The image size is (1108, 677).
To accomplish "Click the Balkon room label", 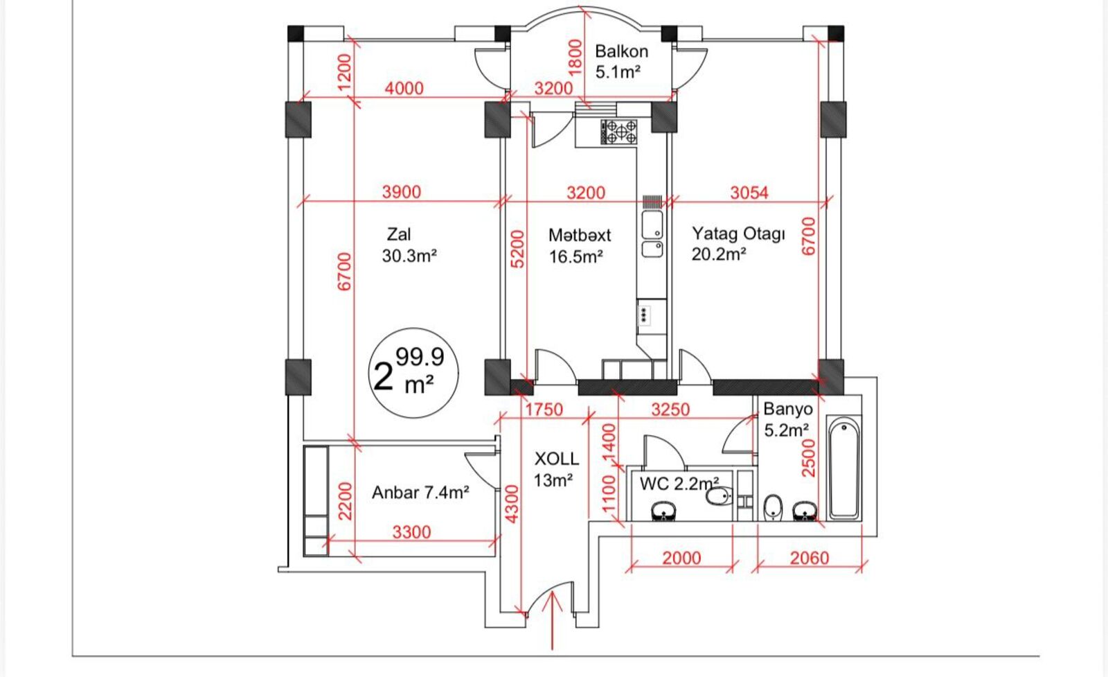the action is [621, 51].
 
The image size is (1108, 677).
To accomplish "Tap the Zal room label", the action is [399, 234].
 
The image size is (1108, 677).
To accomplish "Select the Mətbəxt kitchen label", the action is [580, 235].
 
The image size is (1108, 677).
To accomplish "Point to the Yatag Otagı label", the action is [738, 234].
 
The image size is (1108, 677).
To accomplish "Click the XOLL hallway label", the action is [557, 459].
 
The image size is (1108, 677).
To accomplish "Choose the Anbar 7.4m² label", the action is [420, 493].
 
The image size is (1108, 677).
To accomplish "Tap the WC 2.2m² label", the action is [679, 484].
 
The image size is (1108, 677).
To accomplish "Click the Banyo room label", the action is [788, 409].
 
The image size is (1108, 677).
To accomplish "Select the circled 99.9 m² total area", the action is [413, 373].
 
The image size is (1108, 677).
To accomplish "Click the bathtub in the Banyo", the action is [844, 467].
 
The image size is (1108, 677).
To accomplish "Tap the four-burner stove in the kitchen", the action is [619, 132].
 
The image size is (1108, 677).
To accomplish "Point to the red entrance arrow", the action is [553, 621].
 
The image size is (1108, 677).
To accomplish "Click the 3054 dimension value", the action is [749, 193].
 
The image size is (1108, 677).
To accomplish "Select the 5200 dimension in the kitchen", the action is [517, 249].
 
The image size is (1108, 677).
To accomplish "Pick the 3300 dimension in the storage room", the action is [411, 532].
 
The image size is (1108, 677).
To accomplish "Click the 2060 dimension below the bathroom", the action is [810, 559].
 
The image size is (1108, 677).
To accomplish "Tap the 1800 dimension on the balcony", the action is [575, 58].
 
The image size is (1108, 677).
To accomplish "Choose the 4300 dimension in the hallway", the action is [512, 504].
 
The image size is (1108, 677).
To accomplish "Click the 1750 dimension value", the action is [544, 410].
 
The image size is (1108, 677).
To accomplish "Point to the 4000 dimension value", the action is [404, 88].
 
